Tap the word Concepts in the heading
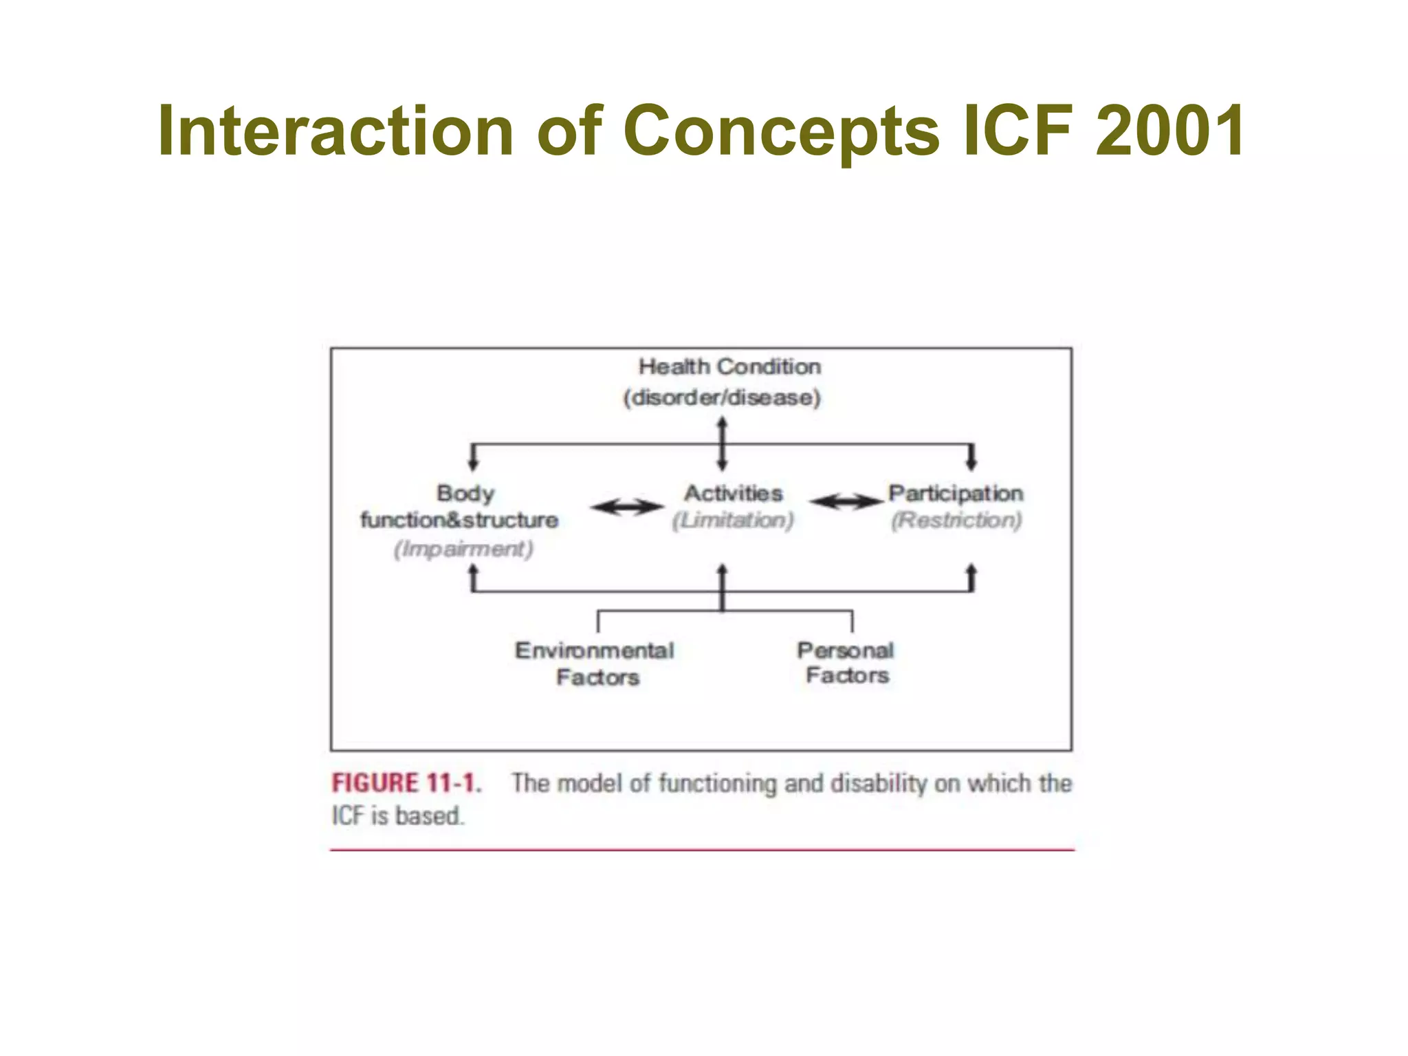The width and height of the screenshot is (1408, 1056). (x=780, y=132)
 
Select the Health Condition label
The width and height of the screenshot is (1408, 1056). (x=729, y=366)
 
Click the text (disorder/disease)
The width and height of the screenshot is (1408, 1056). (x=722, y=397)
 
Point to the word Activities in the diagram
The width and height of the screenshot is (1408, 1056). (x=733, y=493)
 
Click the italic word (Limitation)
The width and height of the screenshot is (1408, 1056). (x=733, y=520)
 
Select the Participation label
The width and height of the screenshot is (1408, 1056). (x=956, y=493)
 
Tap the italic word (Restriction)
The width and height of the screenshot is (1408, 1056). (x=956, y=520)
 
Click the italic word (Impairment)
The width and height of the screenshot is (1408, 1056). (x=463, y=549)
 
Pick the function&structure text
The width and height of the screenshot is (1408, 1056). (x=459, y=520)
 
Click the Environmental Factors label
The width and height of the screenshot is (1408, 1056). (x=595, y=663)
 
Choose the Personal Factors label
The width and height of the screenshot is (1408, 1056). (x=846, y=663)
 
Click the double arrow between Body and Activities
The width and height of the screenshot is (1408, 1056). (x=627, y=507)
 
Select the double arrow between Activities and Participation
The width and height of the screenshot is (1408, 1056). (x=846, y=502)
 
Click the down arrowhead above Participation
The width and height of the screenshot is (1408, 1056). (x=971, y=463)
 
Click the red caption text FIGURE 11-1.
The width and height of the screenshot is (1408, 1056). (x=406, y=783)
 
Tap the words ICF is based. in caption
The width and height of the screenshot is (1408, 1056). (x=398, y=816)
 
